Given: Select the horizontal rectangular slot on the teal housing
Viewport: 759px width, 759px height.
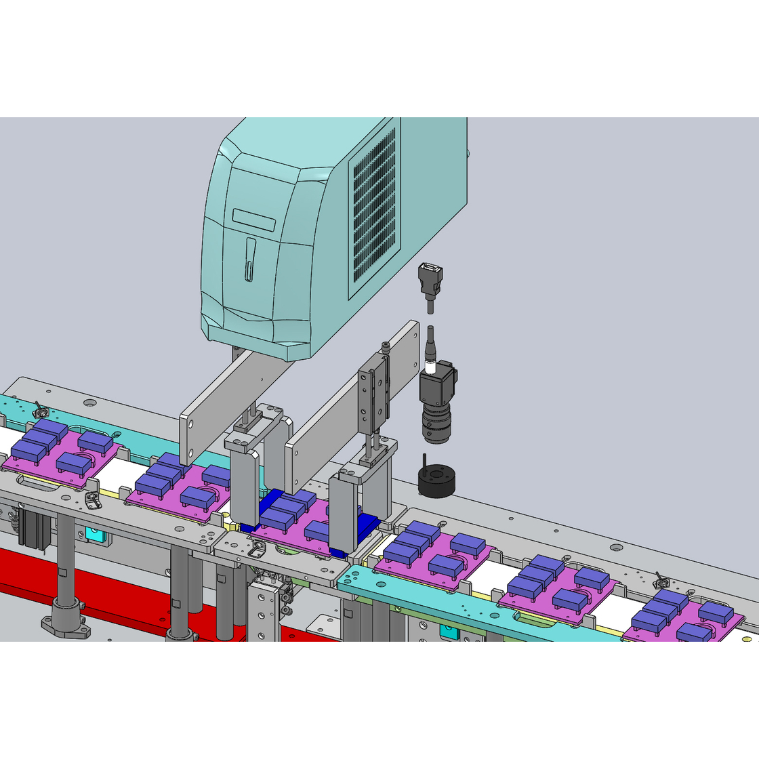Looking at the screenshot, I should click(253, 220).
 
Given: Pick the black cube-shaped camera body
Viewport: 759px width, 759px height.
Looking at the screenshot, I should click(436, 386).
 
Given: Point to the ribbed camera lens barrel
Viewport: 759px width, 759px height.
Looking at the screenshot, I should click(436, 424).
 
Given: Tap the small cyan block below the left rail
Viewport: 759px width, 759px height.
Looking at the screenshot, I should click(94, 534).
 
